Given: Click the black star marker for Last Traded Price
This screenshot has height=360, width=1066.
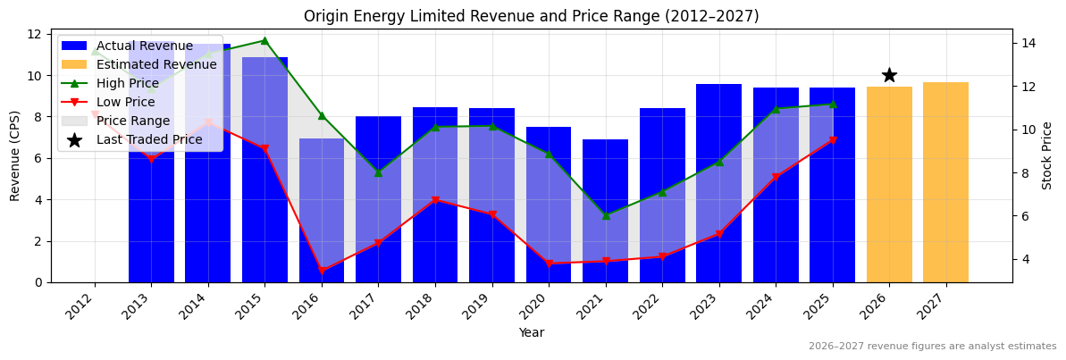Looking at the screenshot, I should click(889, 76).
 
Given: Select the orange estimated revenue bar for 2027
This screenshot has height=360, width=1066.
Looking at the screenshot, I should click(945, 182).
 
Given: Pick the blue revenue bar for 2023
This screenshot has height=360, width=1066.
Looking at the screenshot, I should click(719, 183).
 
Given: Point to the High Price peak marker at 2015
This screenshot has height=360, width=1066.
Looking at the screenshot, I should click(264, 40).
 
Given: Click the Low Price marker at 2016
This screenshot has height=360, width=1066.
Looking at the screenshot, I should click(321, 271).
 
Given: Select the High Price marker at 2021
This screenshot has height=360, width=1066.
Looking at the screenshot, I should click(606, 215).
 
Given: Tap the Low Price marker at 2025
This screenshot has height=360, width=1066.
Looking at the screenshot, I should click(833, 140).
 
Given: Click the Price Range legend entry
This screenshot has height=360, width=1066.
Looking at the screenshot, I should click(133, 121).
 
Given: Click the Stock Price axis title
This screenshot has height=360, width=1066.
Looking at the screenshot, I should click(1047, 155).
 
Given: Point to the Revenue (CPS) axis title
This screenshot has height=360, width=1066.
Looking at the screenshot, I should click(15, 155).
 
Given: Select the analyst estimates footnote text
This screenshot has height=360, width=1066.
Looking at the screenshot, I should click(932, 347).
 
